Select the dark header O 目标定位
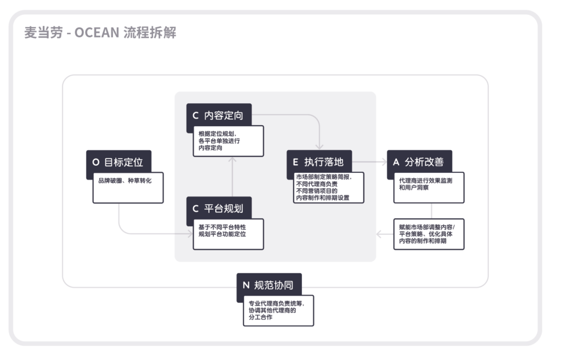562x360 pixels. point(119,162)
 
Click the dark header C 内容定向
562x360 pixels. point(219,116)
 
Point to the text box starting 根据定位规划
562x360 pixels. point(228,141)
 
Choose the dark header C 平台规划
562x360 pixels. point(219,209)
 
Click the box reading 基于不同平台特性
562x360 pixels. point(228,234)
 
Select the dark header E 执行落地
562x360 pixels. point(319,162)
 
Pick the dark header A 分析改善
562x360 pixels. point(419,162)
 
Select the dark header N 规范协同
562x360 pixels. point(269,285)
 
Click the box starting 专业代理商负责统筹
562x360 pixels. point(278,311)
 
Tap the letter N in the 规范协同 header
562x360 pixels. point(246,285)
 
